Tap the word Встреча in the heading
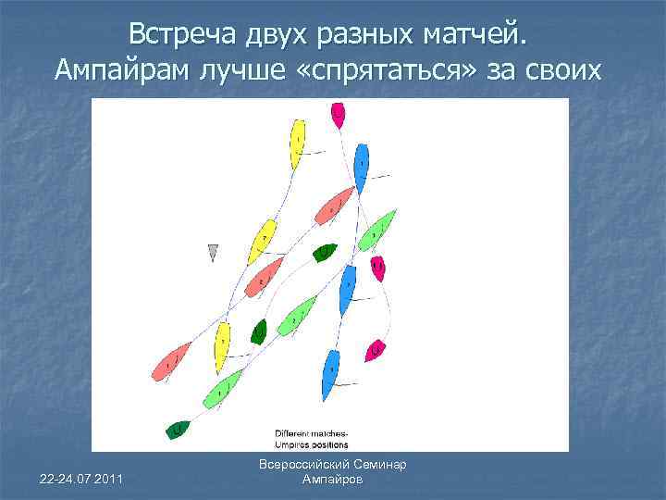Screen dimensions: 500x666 183,34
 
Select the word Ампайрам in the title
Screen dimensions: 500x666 118,69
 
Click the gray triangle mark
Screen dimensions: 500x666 213,252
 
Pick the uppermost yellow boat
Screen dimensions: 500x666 297,144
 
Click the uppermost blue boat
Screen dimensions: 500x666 362,167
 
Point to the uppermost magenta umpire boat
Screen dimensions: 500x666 338,115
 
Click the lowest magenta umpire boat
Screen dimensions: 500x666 375,350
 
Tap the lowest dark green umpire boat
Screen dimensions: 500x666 179,430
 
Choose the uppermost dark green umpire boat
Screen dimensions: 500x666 326,251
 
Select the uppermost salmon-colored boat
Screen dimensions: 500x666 335,206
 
